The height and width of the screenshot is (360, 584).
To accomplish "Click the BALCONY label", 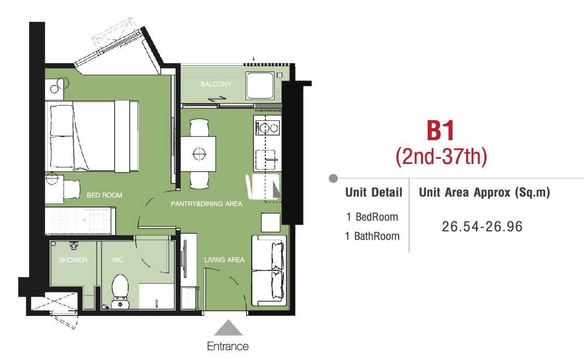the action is (215, 84).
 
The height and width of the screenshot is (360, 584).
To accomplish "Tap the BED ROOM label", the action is (104, 195).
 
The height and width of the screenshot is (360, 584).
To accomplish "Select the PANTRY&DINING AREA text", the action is (206, 204).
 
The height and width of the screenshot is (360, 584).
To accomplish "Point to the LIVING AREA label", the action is (224, 260).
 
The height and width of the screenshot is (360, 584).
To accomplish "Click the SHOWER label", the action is (73, 260).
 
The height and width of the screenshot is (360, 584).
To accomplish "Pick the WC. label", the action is (118, 260).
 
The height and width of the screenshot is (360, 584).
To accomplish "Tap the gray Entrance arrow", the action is (228, 328).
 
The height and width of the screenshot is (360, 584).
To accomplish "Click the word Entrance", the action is (227, 346).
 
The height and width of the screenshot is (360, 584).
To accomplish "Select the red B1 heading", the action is (441, 130).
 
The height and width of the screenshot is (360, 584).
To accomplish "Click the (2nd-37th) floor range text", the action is (441, 156).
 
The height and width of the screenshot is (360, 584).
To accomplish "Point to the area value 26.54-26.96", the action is (482, 226).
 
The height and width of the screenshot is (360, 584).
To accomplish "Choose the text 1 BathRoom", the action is (372, 236).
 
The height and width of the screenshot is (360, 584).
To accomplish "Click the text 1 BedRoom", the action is (372, 217).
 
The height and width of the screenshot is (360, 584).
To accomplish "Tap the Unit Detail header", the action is (374, 192).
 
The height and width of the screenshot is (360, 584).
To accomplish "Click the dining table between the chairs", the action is (198, 154).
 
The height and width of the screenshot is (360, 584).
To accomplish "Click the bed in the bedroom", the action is (92, 136).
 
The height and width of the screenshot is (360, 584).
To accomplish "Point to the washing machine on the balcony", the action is (260, 85).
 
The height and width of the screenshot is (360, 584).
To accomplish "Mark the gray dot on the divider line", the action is (333, 178).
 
